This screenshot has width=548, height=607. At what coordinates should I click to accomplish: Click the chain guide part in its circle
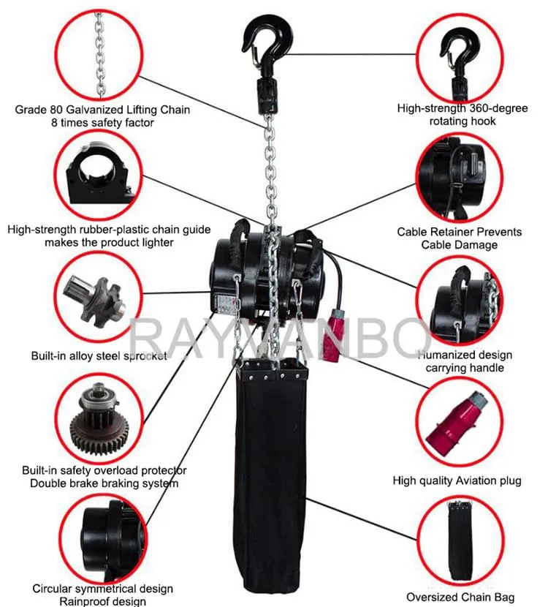tap(99, 174)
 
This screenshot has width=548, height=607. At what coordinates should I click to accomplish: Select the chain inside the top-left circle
tap(100, 56)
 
